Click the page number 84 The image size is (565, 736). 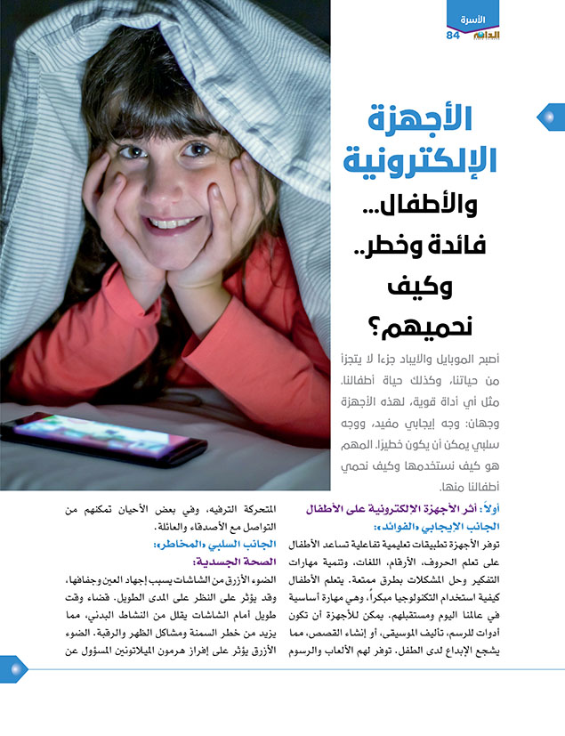pos(452,35)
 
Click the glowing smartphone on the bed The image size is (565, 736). pos(104,441)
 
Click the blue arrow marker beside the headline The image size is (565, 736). pos(549,116)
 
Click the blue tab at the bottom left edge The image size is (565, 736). pos(12,669)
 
